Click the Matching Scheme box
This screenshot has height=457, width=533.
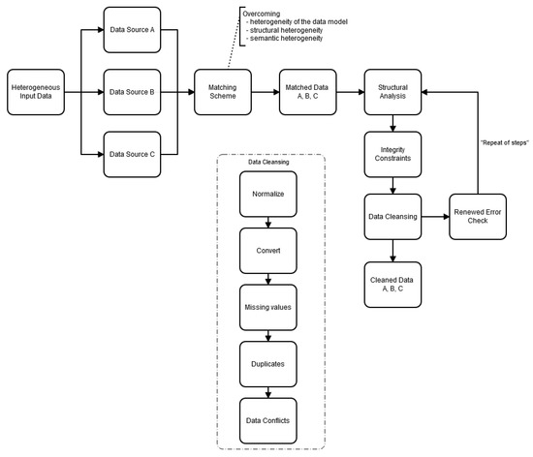click(x=223, y=94)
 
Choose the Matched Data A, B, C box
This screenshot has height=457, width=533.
click(x=307, y=94)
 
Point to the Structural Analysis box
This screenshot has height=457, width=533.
click(x=392, y=94)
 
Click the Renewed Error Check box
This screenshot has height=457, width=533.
click(x=477, y=217)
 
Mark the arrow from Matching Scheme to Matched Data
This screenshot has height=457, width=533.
click(x=265, y=94)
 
